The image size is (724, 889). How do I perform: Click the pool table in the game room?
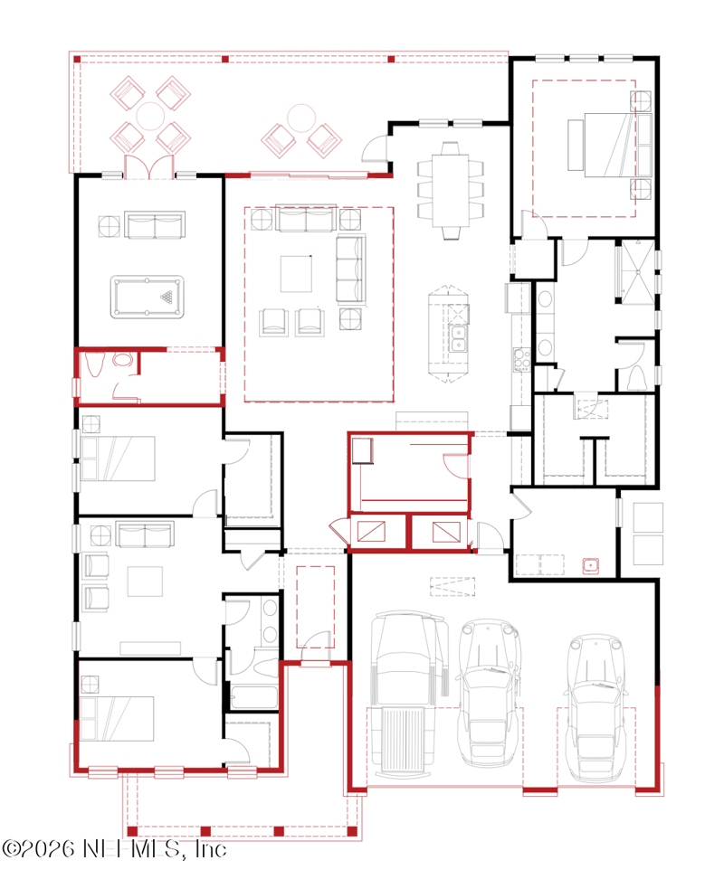[x=147, y=297]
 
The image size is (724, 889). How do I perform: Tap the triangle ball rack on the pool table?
[x=167, y=297]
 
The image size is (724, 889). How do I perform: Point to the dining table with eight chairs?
[x=451, y=191]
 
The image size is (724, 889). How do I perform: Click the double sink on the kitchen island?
[x=458, y=338]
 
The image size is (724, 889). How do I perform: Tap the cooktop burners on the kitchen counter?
[x=521, y=360]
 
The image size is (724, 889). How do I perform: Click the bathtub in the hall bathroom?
[x=253, y=696]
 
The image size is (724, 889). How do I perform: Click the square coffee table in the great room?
[x=296, y=274]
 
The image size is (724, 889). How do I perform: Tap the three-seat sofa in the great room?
[x=350, y=269]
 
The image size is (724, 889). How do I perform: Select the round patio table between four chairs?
[x=150, y=116]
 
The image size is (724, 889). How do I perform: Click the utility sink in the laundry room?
[x=591, y=565]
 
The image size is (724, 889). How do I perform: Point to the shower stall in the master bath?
[x=638, y=272]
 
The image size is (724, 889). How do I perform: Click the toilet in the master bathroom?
[x=637, y=378]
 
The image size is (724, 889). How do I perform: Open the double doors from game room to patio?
[x=148, y=167]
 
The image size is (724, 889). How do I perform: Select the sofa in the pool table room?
[x=155, y=225]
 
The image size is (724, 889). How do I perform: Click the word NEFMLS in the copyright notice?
[x=133, y=848]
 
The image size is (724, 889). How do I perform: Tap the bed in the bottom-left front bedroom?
[x=117, y=718]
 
